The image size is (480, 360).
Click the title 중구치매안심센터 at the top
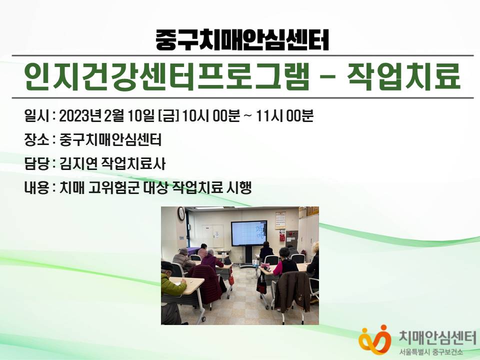[242, 39]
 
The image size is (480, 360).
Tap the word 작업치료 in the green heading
[404, 76]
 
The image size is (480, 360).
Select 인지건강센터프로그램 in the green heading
[167, 76]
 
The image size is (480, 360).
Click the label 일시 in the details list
[36, 116]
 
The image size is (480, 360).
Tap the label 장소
[36, 140]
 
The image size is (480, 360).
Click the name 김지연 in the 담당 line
[78, 164]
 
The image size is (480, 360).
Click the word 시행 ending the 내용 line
[239, 187]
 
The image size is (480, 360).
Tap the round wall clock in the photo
[181, 213]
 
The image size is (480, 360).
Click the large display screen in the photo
[249, 233]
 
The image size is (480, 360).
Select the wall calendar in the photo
[280, 220]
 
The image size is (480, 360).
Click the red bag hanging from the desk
[261, 286]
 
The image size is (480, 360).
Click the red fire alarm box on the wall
[282, 237]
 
